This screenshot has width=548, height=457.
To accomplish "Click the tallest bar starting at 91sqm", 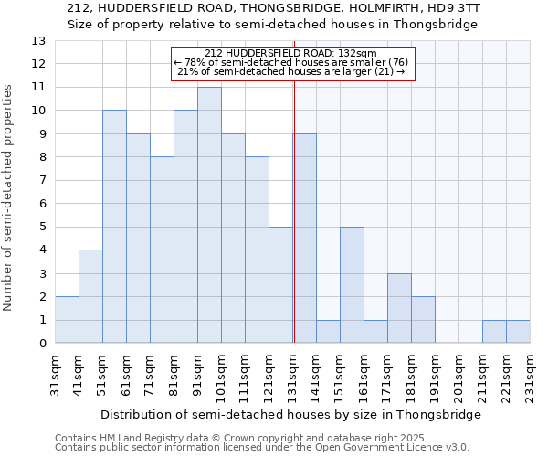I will tap(209, 215).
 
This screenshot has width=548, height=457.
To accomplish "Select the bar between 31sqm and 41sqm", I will tap(67, 320).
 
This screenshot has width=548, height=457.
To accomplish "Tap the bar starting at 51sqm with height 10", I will tap(114, 227).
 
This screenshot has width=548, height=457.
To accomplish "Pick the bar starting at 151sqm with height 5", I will tap(352, 285).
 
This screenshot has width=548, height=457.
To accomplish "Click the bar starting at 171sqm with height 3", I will tap(399, 308).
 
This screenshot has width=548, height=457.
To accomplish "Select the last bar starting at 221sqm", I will tap(518, 332).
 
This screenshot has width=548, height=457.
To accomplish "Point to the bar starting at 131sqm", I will tap(306, 239).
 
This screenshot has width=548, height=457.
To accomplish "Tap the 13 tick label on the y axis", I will tap(37, 41).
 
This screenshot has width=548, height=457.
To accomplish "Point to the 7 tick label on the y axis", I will tap(41, 180).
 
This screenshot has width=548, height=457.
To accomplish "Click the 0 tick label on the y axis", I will tap(41, 344).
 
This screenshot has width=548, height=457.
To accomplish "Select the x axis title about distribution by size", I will tap(290, 414).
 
